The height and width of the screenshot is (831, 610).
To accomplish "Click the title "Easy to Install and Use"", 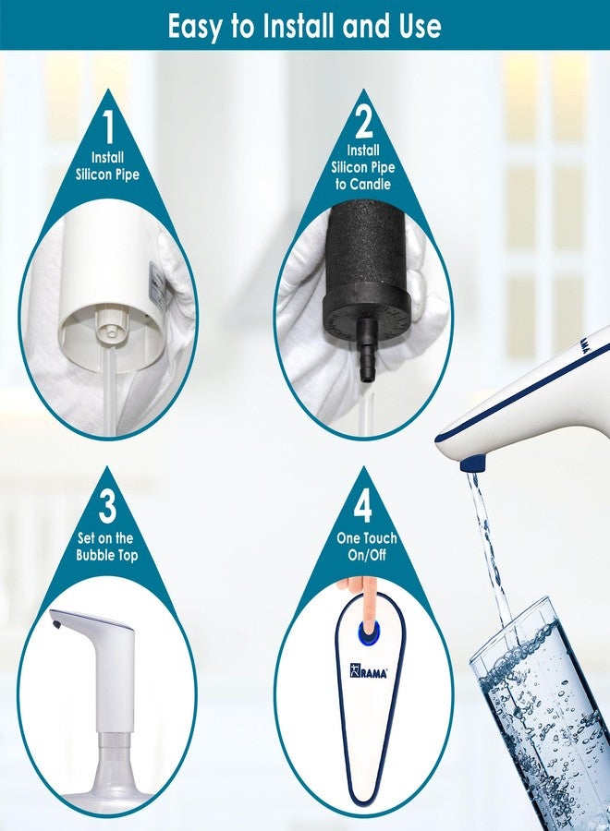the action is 304,26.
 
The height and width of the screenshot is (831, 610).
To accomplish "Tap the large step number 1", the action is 109,126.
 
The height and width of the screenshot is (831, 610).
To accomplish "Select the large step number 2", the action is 363,123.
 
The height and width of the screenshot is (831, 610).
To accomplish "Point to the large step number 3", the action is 108,505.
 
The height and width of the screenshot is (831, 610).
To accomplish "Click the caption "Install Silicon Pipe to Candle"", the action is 363,167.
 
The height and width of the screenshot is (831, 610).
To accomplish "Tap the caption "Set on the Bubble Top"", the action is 106,547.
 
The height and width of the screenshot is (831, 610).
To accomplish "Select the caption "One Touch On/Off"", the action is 367,547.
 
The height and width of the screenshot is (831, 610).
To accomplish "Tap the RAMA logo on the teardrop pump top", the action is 368,670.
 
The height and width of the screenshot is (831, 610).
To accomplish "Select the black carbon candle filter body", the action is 366,271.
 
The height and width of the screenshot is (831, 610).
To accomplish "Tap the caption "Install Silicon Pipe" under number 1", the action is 108,166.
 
